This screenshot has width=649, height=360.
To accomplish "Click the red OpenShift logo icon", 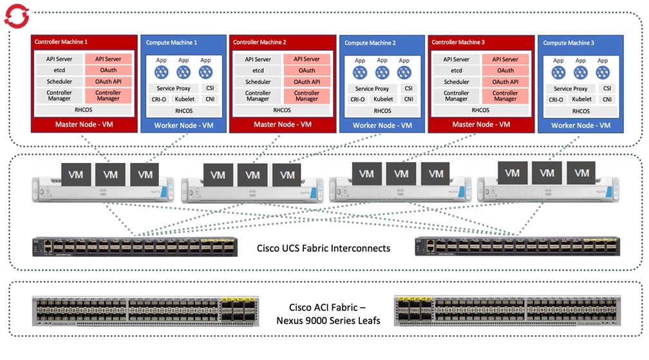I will [16, 14].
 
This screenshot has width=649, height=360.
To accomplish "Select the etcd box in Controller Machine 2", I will [258, 70].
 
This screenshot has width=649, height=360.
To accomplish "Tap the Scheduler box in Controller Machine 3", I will [456, 82].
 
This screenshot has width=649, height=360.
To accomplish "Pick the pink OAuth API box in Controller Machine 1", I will [108, 82].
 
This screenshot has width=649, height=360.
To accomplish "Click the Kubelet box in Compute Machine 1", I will [185, 99].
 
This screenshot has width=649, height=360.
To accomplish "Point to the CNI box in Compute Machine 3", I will [607, 99].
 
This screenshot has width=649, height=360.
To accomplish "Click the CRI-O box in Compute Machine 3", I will [557, 99].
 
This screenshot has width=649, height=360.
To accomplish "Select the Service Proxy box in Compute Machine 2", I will [372, 88].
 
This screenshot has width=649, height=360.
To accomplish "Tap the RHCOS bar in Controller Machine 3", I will [480, 109].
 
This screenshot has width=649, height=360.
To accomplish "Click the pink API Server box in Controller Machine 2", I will [306, 59].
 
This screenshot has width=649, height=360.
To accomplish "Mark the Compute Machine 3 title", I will [569, 43].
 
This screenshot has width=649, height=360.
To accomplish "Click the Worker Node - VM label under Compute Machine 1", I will [183, 126].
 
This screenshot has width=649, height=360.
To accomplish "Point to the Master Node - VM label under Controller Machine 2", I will [283, 124].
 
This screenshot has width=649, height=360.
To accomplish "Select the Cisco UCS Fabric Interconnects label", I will [323, 248].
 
